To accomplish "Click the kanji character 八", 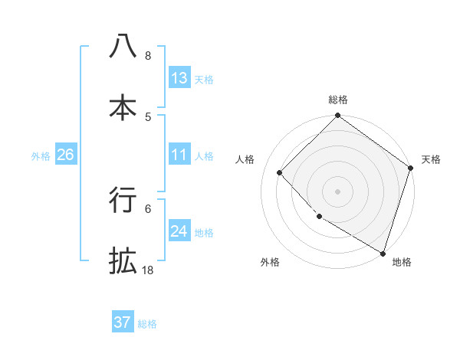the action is coord(123,47).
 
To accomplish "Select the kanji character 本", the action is coord(123,106).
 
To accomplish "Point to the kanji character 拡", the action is coord(123,260).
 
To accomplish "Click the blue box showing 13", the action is coord(179,78).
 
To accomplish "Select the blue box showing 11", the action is coord(179,155).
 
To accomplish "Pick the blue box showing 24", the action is coord(179,231).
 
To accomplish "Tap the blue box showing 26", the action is coord(65,155).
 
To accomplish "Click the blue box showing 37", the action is coord(123,322).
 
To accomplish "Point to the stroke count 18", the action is coord(147,270).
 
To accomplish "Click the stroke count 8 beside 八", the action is coord(148,55).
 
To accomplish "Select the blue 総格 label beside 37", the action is coord(147,324).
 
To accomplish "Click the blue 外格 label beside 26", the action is coord(41,156).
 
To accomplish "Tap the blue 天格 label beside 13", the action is coord(203,80).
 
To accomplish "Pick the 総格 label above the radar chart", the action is coord(337,100).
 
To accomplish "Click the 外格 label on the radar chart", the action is coord(270,262).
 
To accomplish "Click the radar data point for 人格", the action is coord(280,173).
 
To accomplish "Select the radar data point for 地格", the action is coord(383,252).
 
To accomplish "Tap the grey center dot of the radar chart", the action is coord(337,191).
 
